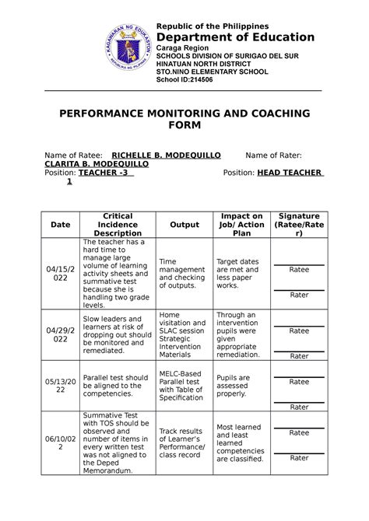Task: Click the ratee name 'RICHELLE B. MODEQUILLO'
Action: point(167,156)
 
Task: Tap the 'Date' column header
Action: point(60,225)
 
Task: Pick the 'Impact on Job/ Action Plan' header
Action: point(241,225)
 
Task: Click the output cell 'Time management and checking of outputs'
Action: point(182,274)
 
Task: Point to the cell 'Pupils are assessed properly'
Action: point(234,386)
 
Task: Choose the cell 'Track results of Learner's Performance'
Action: point(181,442)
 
